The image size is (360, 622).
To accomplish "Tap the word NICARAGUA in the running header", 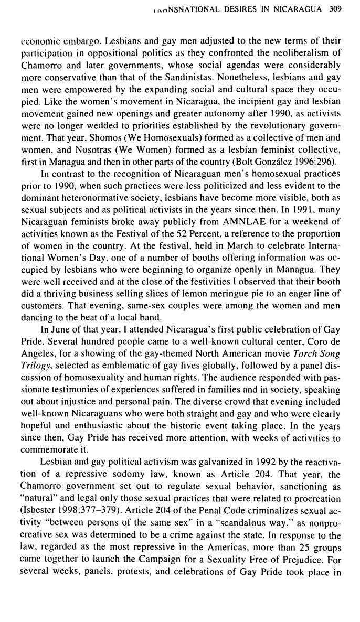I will [x=299, y=9].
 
